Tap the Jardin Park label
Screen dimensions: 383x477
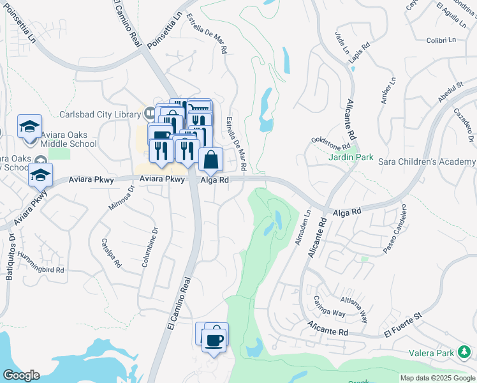[351, 157]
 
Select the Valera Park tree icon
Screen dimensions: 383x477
[466, 352]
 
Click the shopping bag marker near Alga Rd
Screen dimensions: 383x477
[210, 160]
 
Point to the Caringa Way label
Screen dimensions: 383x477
[329, 306]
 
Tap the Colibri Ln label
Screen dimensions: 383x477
[441, 40]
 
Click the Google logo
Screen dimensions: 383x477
[20, 375]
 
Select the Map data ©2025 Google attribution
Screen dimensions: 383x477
[437, 378]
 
